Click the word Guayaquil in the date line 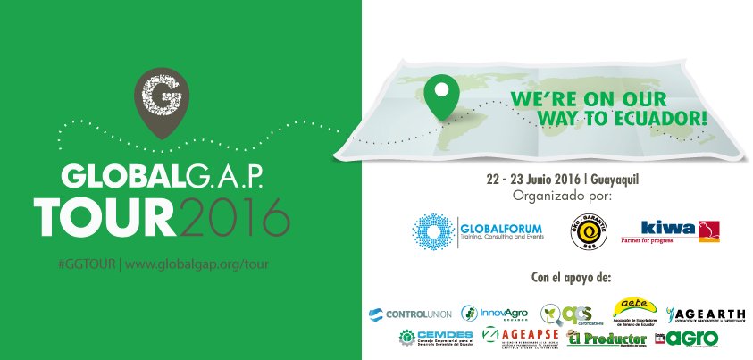point(616,180)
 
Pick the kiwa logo point(682,230)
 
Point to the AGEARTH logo point(705,314)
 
